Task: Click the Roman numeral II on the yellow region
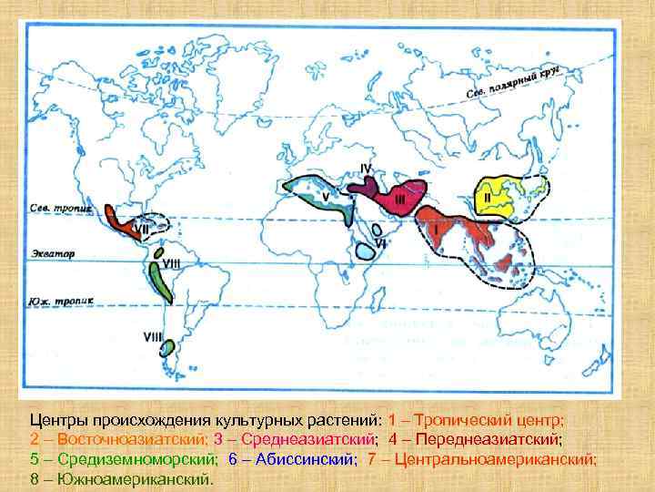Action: (x=488, y=195)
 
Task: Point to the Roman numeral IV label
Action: (x=366, y=168)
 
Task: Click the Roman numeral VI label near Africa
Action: (x=382, y=243)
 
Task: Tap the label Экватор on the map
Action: (x=54, y=252)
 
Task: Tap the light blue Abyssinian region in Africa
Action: (x=367, y=246)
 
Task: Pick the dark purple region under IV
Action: (x=364, y=187)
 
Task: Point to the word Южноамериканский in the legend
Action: (x=134, y=478)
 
